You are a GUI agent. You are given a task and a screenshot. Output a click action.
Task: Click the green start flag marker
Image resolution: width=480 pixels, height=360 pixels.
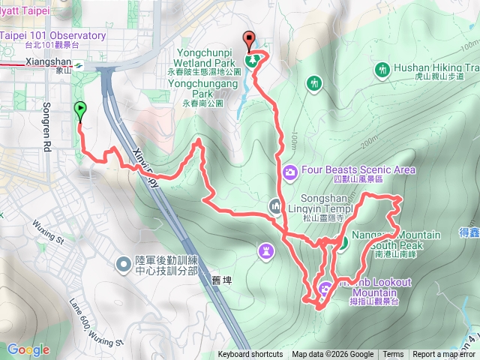[x=79, y=111]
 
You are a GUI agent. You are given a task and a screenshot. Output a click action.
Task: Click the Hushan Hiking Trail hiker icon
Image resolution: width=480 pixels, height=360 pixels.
[x=382, y=70]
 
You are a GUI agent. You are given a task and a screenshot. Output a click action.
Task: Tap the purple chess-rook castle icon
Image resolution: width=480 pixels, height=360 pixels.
[x=266, y=250]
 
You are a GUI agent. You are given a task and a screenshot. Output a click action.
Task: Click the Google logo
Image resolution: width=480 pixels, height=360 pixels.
[x=28, y=349]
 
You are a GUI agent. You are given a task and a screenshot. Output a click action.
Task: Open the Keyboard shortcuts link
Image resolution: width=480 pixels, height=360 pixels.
[x=250, y=355]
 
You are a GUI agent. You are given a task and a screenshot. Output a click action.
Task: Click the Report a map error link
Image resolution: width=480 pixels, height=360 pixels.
[x=445, y=355]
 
